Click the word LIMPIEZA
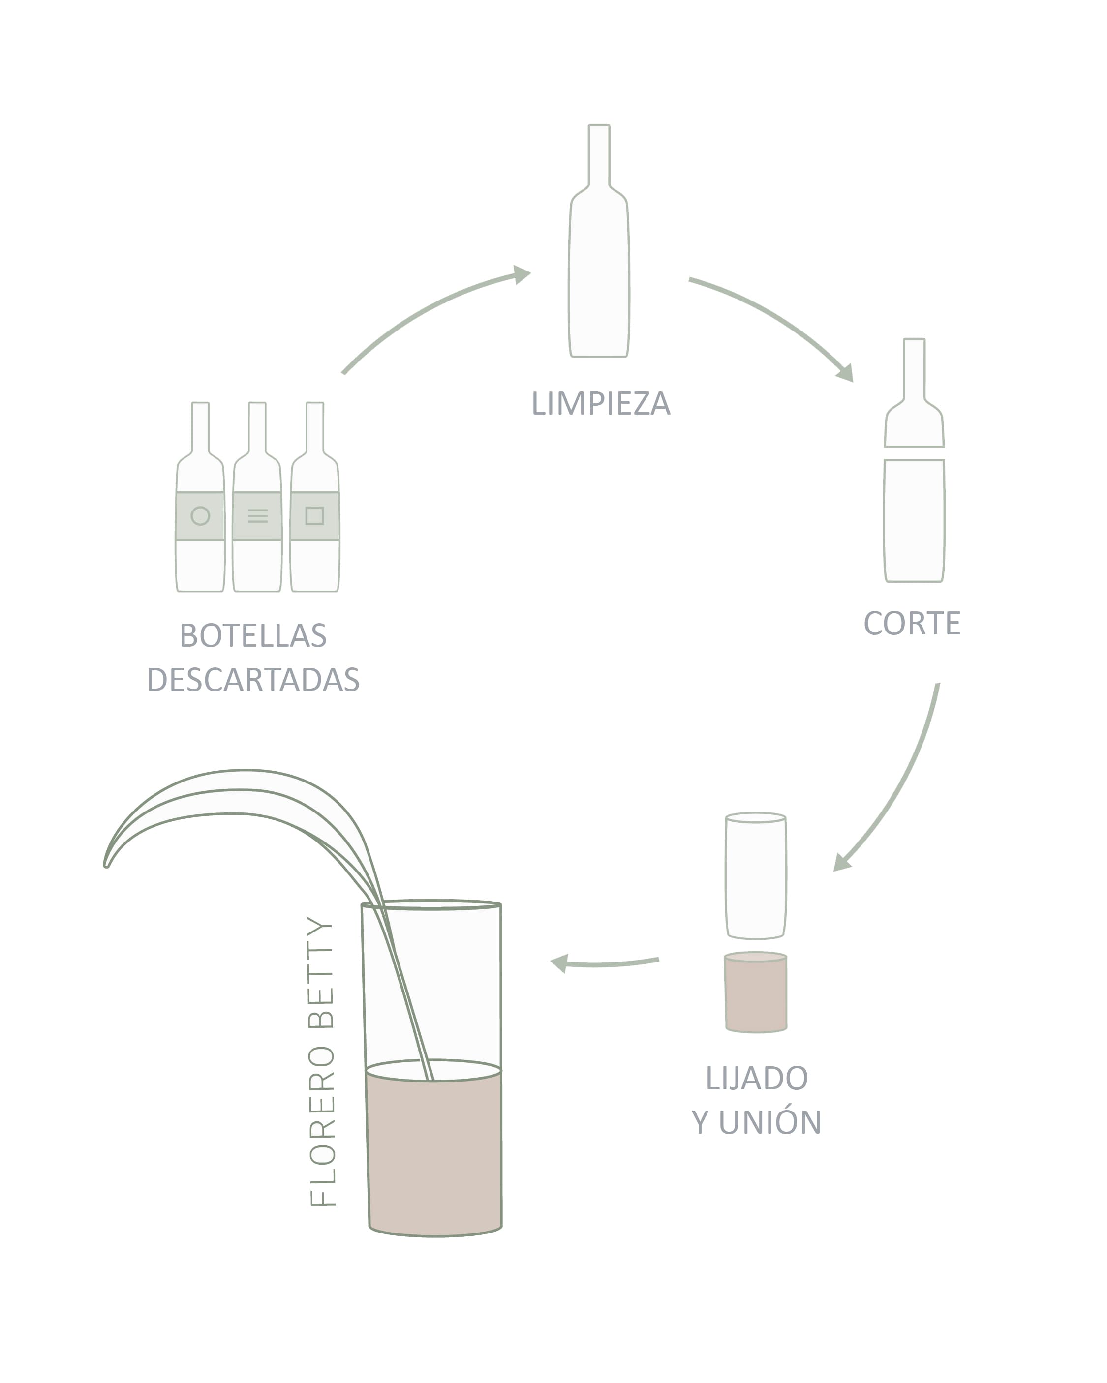(x=601, y=403)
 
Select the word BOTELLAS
(x=253, y=636)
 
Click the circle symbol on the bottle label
(x=200, y=516)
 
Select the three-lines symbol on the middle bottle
(x=257, y=516)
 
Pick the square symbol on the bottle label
(x=314, y=516)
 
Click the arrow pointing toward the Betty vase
(x=603, y=963)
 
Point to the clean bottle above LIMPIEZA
(x=599, y=241)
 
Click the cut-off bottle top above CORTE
(x=914, y=392)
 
